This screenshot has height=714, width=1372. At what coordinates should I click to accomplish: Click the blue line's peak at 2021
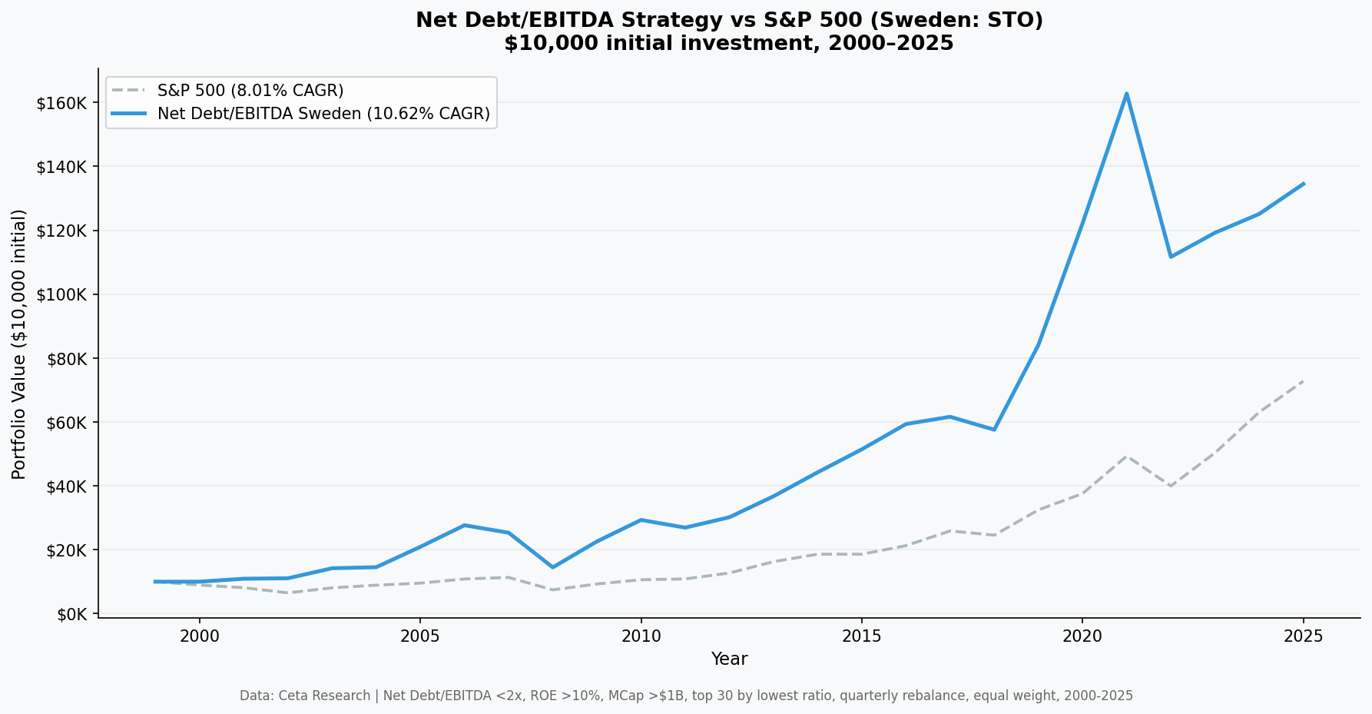tap(1126, 94)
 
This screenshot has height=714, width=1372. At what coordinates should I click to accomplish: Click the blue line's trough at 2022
tap(1171, 257)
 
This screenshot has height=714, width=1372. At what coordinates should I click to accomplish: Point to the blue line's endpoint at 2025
tap(1304, 184)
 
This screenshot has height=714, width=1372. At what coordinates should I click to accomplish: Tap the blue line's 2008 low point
tap(552, 567)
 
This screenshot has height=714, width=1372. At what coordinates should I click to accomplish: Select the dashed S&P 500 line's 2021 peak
tap(1126, 456)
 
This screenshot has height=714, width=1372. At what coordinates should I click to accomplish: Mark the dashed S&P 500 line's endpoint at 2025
tap(1304, 380)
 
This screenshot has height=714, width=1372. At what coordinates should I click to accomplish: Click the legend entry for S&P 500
tap(250, 91)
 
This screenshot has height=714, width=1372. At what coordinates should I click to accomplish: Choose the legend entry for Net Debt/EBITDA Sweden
tap(323, 114)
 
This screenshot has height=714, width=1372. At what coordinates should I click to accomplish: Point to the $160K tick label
tap(61, 103)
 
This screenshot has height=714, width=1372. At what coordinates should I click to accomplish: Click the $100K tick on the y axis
tap(61, 294)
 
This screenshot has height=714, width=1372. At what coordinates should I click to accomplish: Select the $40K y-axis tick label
tap(65, 487)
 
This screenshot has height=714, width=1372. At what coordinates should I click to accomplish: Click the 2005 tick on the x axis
tap(419, 636)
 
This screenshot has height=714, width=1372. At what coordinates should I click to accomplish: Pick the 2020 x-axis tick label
tap(1082, 636)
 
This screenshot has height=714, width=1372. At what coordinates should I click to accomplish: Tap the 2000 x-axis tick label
tap(199, 636)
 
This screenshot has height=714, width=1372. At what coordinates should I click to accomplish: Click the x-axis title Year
tap(729, 659)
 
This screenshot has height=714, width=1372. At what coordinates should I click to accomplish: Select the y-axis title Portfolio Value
tap(19, 344)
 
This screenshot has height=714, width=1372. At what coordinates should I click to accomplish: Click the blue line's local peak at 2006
tap(464, 525)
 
